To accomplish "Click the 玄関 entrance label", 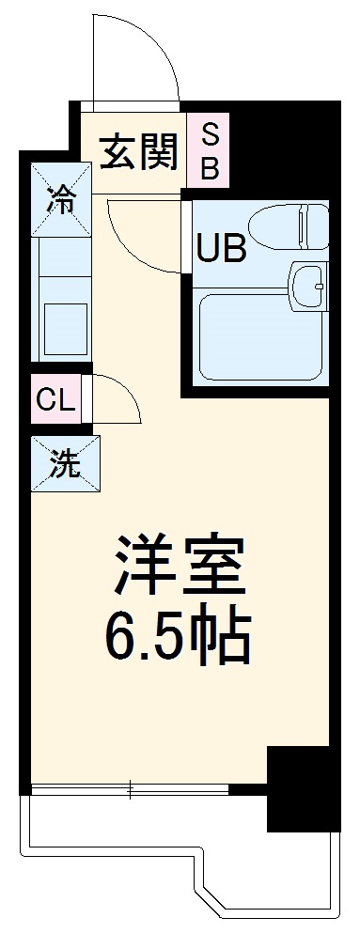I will [x=139, y=152].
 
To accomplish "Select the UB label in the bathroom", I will [x=222, y=249].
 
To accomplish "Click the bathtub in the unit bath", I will [x=258, y=335].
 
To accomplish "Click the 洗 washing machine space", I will [x=63, y=463].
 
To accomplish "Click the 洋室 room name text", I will [x=180, y=565].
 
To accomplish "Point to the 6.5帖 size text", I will [x=180, y=639].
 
